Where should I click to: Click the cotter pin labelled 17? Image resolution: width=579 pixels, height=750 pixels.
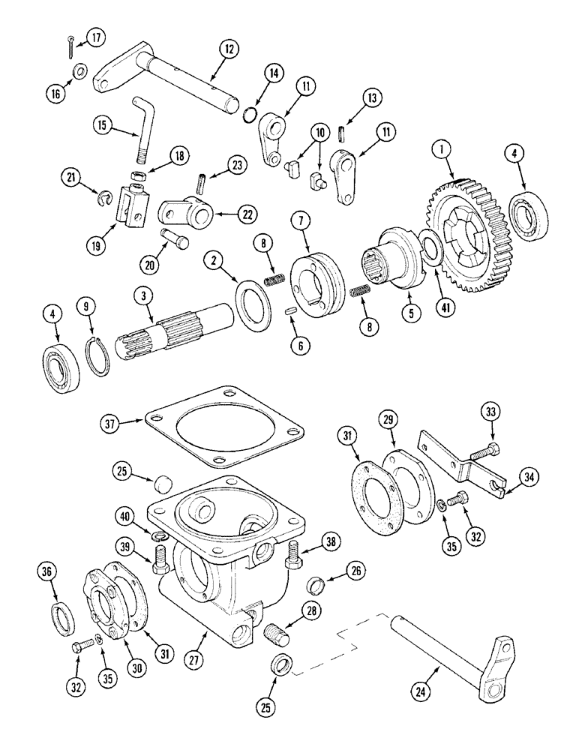70,45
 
